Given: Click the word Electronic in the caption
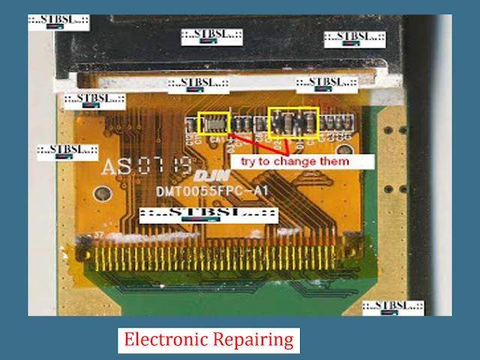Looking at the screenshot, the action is pyautogui.click(x=159, y=340).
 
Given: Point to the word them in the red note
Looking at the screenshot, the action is pyautogui.click(x=332, y=161).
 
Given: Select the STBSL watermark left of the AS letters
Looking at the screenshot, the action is pyautogui.click(x=68, y=149).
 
